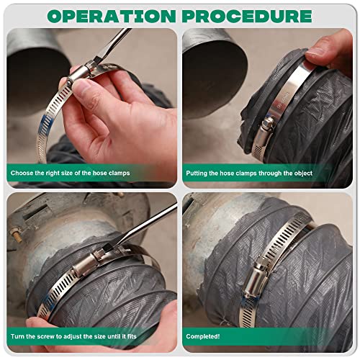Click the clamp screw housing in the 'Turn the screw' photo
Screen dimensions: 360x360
point(96,260)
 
